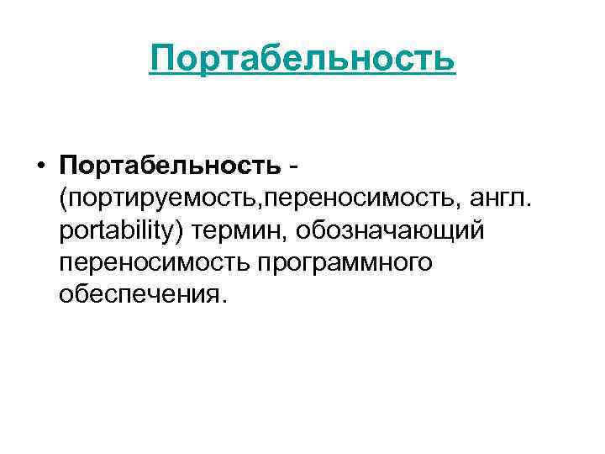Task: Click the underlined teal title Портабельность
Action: [302, 59]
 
